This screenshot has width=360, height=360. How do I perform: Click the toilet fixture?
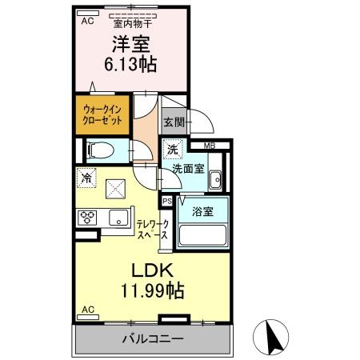[98, 149]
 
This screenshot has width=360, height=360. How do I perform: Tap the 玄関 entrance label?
[174, 122]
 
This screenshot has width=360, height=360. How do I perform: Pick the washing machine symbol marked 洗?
[173, 149]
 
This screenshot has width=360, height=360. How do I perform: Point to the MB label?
[208, 146]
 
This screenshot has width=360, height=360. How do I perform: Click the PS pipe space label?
[167, 202]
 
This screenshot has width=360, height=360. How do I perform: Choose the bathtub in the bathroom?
[202, 236]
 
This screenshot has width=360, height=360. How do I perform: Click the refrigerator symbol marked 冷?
[86, 178]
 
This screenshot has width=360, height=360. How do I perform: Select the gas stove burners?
[87, 217]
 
